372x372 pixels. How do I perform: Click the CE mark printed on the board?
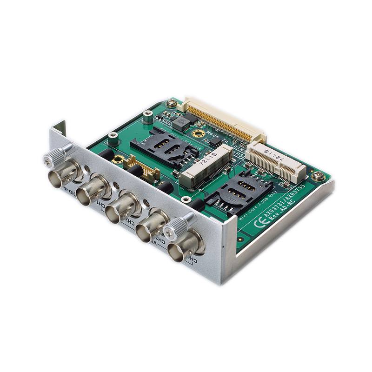[x=259, y=222]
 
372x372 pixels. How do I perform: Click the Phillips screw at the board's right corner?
[x=319, y=176]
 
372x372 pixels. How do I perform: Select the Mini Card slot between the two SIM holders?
[x=207, y=165]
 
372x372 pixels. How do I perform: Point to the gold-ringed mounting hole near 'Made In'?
[x=199, y=133]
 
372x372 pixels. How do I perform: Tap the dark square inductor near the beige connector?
[x=182, y=122]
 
